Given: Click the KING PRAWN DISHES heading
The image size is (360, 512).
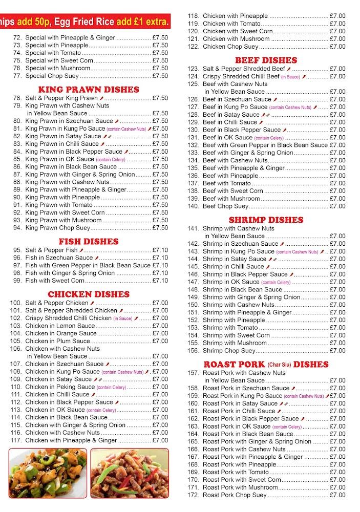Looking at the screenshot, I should coord(89,89).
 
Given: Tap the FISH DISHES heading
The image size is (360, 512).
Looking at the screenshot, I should coord(89,241).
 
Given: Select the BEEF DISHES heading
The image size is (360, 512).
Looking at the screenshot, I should coord(266,60).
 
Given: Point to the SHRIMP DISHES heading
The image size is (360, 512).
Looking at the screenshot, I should coord(266,220).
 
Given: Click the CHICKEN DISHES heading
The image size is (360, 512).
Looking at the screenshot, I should coord(89,294).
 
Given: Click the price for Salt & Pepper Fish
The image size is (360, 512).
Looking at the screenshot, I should coord(160,250).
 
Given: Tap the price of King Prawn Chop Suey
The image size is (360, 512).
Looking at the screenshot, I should coord(160,228).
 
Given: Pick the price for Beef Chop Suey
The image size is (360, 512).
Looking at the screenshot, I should coord(337,206).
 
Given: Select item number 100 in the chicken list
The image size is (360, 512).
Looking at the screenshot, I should coord(17,303).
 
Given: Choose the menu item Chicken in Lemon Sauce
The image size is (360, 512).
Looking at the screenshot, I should coord(60,326).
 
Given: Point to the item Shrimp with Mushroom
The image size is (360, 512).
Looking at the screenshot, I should coord(235,343).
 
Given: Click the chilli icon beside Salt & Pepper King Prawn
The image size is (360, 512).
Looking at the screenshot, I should coord(101,98).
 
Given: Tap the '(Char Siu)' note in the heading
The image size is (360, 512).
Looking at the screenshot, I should coord(280,365).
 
